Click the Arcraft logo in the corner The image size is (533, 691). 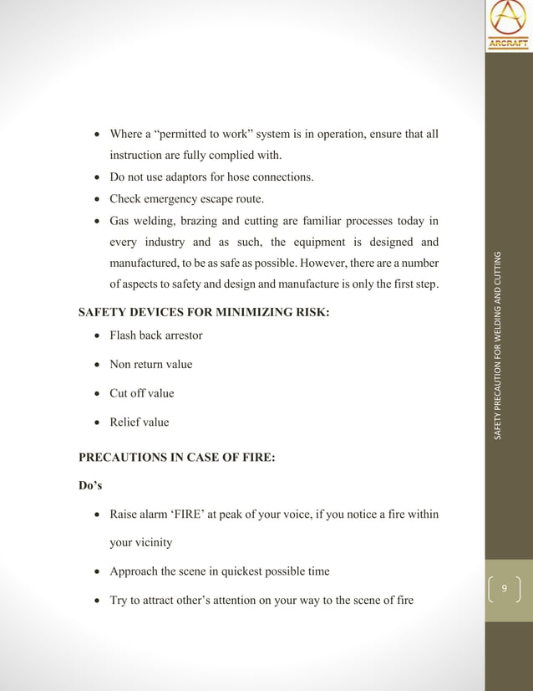click(x=508, y=25)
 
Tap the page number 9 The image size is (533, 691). click(x=504, y=590)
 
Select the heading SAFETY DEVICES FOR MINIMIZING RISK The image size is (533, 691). click(x=204, y=313)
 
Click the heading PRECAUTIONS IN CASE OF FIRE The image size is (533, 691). click(x=176, y=457)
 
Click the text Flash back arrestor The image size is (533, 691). click(x=156, y=335)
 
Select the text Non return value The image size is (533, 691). click(x=150, y=365)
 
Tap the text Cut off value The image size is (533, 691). click(x=142, y=393)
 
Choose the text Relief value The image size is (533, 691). click(x=139, y=422)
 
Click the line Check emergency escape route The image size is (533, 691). click(x=187, y=199)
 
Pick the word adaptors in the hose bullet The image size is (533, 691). click(x=191, y=177)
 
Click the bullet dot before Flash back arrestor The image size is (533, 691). click(x=98, y=336)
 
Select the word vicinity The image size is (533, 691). click(x=153, y=543)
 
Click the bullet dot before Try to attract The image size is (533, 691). click(x=98, y=601)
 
